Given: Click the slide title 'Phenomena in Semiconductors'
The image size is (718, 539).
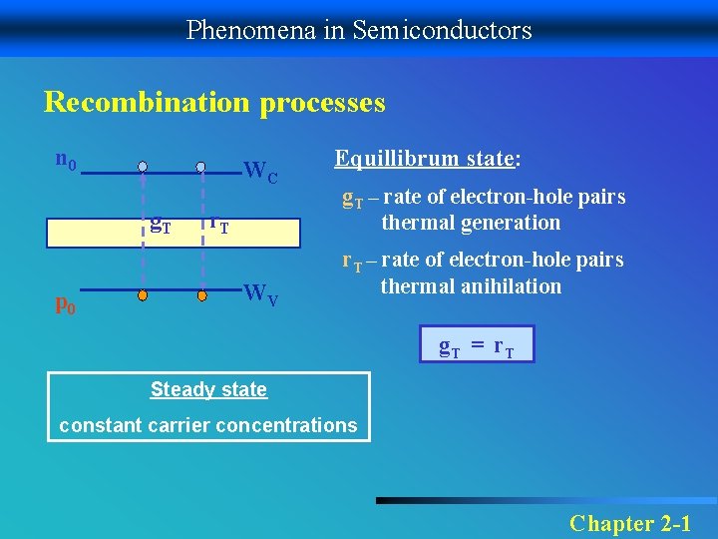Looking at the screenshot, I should (359, 30).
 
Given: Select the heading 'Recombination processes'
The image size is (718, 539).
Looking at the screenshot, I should (214, 103).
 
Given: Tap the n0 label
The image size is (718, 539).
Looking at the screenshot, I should (67, 160).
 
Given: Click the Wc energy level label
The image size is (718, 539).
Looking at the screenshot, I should (260, 174).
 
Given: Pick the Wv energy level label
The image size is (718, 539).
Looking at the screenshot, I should (260, 294).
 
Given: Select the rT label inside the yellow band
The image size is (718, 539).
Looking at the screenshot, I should (218, 226).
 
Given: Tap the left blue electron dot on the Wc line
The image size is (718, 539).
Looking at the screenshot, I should (143, 166).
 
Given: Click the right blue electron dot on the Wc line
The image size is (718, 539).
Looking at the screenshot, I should (200, 166).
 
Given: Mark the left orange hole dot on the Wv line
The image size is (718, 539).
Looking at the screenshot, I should (143, 295).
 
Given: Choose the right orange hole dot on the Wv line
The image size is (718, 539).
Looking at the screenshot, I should (200, 295).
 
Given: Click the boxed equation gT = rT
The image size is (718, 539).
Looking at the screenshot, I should (477, 345).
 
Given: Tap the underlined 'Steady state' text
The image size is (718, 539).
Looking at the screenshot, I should (208, 389).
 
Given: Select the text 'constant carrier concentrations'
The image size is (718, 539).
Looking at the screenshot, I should (208, 425).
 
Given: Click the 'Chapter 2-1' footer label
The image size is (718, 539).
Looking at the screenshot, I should (629, 522).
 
